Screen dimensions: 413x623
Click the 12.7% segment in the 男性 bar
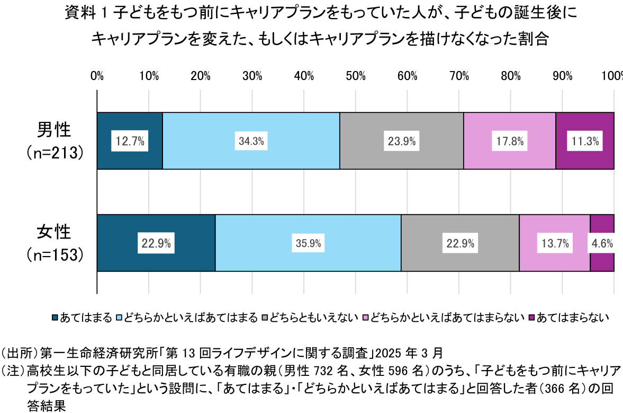[130, 141]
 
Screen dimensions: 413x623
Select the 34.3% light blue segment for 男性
[251, 141]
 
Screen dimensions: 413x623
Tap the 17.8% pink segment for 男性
[509, 141]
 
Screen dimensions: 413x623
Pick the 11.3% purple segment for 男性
[585, 141]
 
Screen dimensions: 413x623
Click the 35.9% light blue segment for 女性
[308, 243]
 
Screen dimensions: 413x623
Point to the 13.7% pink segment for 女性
[555, 243]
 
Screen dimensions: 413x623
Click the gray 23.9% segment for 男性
[401, 141]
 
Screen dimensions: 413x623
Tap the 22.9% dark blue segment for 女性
[156, 243]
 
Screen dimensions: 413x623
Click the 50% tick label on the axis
[355, 76]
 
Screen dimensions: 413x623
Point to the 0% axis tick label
[97, 76]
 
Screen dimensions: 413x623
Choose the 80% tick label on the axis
[511, 76]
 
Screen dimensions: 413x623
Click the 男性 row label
[54, 130]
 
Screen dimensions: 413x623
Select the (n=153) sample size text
[55, 254]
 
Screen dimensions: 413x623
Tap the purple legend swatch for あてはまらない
[532, 318]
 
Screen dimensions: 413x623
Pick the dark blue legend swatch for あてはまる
[55, 318]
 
